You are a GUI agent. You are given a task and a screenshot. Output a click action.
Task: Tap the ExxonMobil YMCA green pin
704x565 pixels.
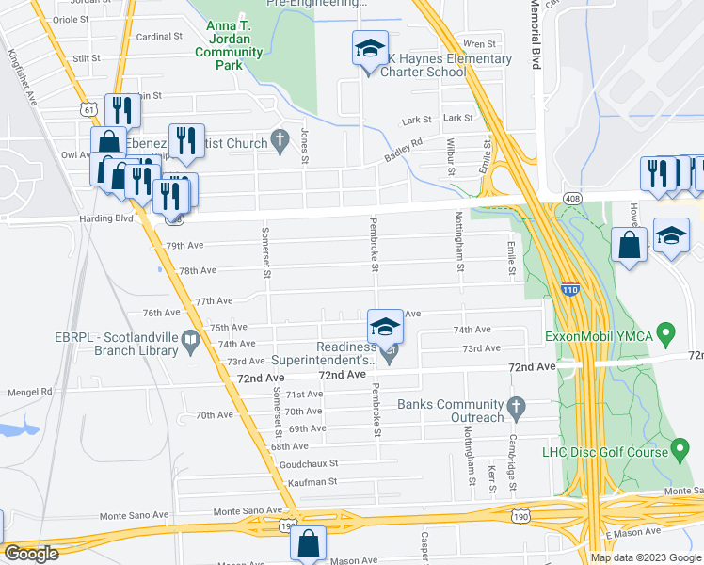[666, 332]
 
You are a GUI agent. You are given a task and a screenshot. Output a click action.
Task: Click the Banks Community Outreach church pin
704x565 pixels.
[515, 407]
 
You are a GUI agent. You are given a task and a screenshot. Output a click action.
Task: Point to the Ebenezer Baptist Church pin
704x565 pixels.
[279, 139]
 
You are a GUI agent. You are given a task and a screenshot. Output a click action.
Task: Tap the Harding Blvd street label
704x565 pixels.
[112, 219]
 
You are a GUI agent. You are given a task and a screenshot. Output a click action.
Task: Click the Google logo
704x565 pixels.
[31, 554]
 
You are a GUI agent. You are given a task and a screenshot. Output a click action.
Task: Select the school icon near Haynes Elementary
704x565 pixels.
[370, 48]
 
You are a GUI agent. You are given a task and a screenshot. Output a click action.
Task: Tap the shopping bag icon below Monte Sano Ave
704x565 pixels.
[308, 543]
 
